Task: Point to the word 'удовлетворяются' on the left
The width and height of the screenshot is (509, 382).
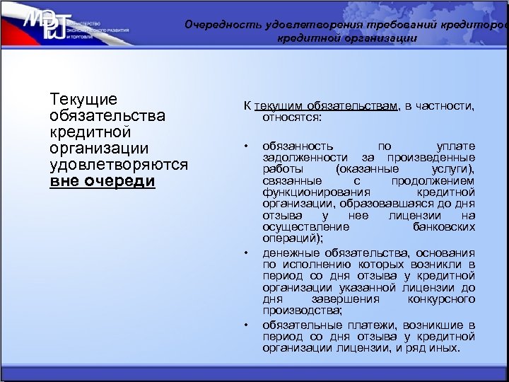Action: coord(119,164)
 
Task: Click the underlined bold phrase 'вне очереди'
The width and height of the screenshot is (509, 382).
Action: coord(103,180)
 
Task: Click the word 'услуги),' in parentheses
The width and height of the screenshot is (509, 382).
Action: coord(452,169)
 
